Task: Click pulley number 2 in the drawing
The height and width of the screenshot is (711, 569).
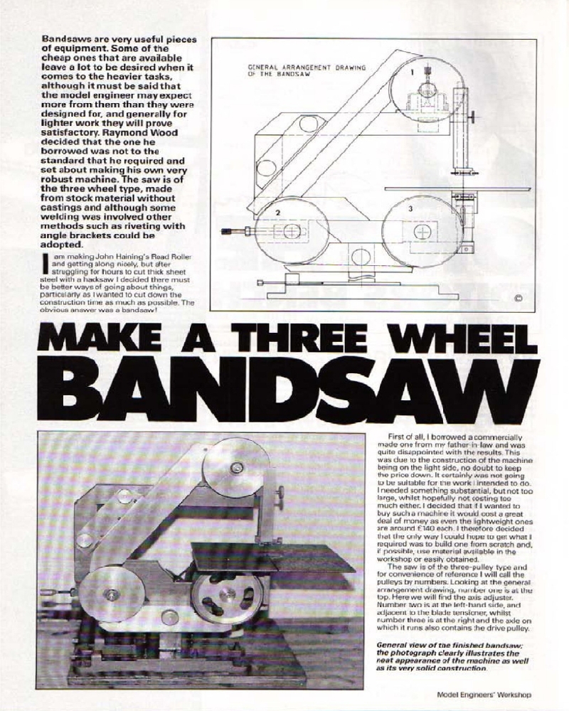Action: point(280,231)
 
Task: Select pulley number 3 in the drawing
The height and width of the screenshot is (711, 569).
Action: point(420,231)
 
